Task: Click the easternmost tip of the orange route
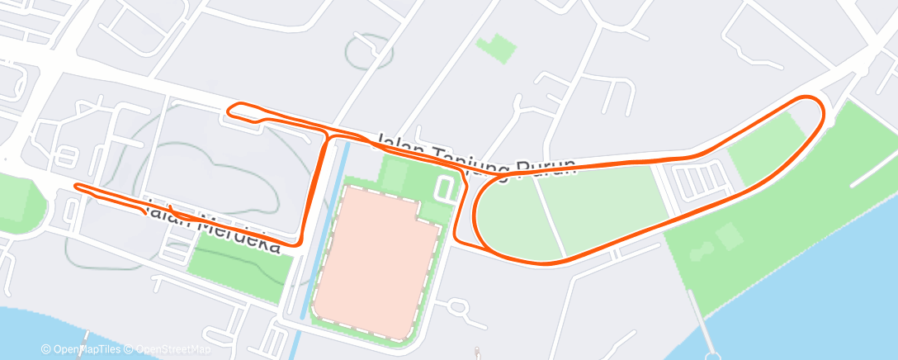coord(823,111)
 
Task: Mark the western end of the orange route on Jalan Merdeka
coord(76,186)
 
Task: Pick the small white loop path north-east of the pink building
coord(447,187)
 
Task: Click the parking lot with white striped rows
coord(698,178)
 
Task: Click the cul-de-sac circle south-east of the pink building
coord(459,309)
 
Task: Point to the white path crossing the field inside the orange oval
coord(550,216)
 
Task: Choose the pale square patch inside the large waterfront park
coord(729,238)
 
